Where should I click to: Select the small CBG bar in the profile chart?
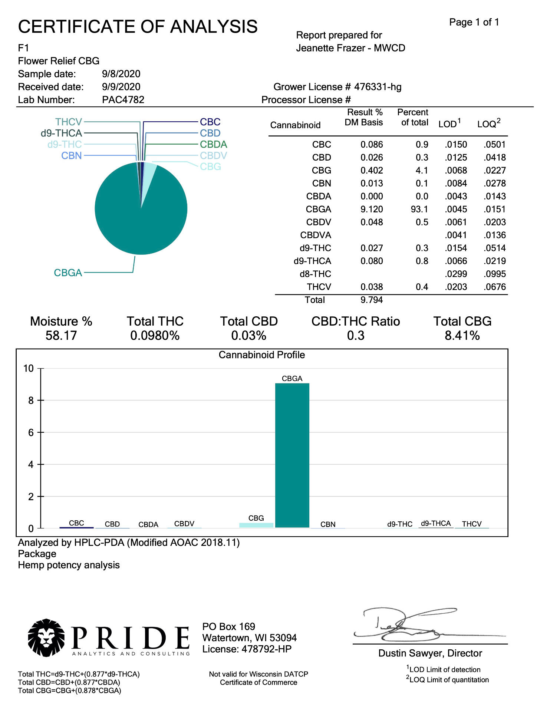pyautogui.click(x=256, y=525)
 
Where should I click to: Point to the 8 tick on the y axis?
pyautogui.click(x=31, y=400)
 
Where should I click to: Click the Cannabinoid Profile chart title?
pyautogui.click(x=261, y=355)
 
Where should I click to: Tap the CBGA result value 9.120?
pyautogui.click(x=372, y=209)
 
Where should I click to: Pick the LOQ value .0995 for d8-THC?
pyautogui.click(x=495, y=274)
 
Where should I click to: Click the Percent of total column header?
pyautogui.click(x=413, y=118)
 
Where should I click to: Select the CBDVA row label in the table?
pyautogui.click(x=316, y=235)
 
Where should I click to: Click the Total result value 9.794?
pyautogui.click(x=372, y=300)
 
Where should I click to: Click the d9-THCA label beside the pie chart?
pyautogui.click(x=61, y=133)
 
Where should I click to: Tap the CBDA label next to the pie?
pyautogui.click(x=213, y=144)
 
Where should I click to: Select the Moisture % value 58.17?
pyautogui.click(x=61, y=336)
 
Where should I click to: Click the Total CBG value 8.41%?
pyautogui.click(x=462, y=336)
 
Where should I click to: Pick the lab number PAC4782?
pyautogui.click(x=123, y=100)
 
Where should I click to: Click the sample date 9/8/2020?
pyautogui.click(x=121, y=74)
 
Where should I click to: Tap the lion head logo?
pyautogui.click(x=46, y=637)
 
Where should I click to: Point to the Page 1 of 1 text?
pyautogui.click(x=474, y=22)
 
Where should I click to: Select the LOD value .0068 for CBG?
pyautogui.click(x=456, y=171)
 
